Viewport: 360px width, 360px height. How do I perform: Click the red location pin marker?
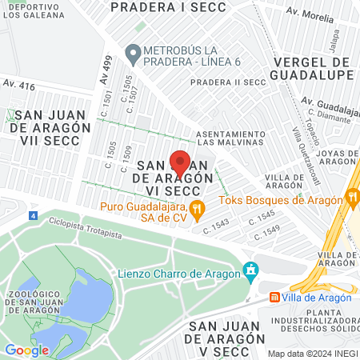point(180,162)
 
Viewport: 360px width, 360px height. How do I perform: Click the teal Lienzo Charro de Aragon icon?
point(252,270)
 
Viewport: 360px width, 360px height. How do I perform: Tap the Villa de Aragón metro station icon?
point(274,297)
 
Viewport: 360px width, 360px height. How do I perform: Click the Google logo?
point(27,350)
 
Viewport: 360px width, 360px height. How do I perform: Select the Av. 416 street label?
point(19,84)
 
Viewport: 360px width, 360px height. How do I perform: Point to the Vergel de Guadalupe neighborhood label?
point(313,68)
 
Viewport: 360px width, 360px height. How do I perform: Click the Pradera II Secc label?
point(227,82)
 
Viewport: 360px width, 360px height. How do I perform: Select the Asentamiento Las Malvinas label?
point(229,138)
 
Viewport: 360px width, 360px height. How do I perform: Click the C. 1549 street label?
point(270,229)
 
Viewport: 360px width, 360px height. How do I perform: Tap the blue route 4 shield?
point(32,216)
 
